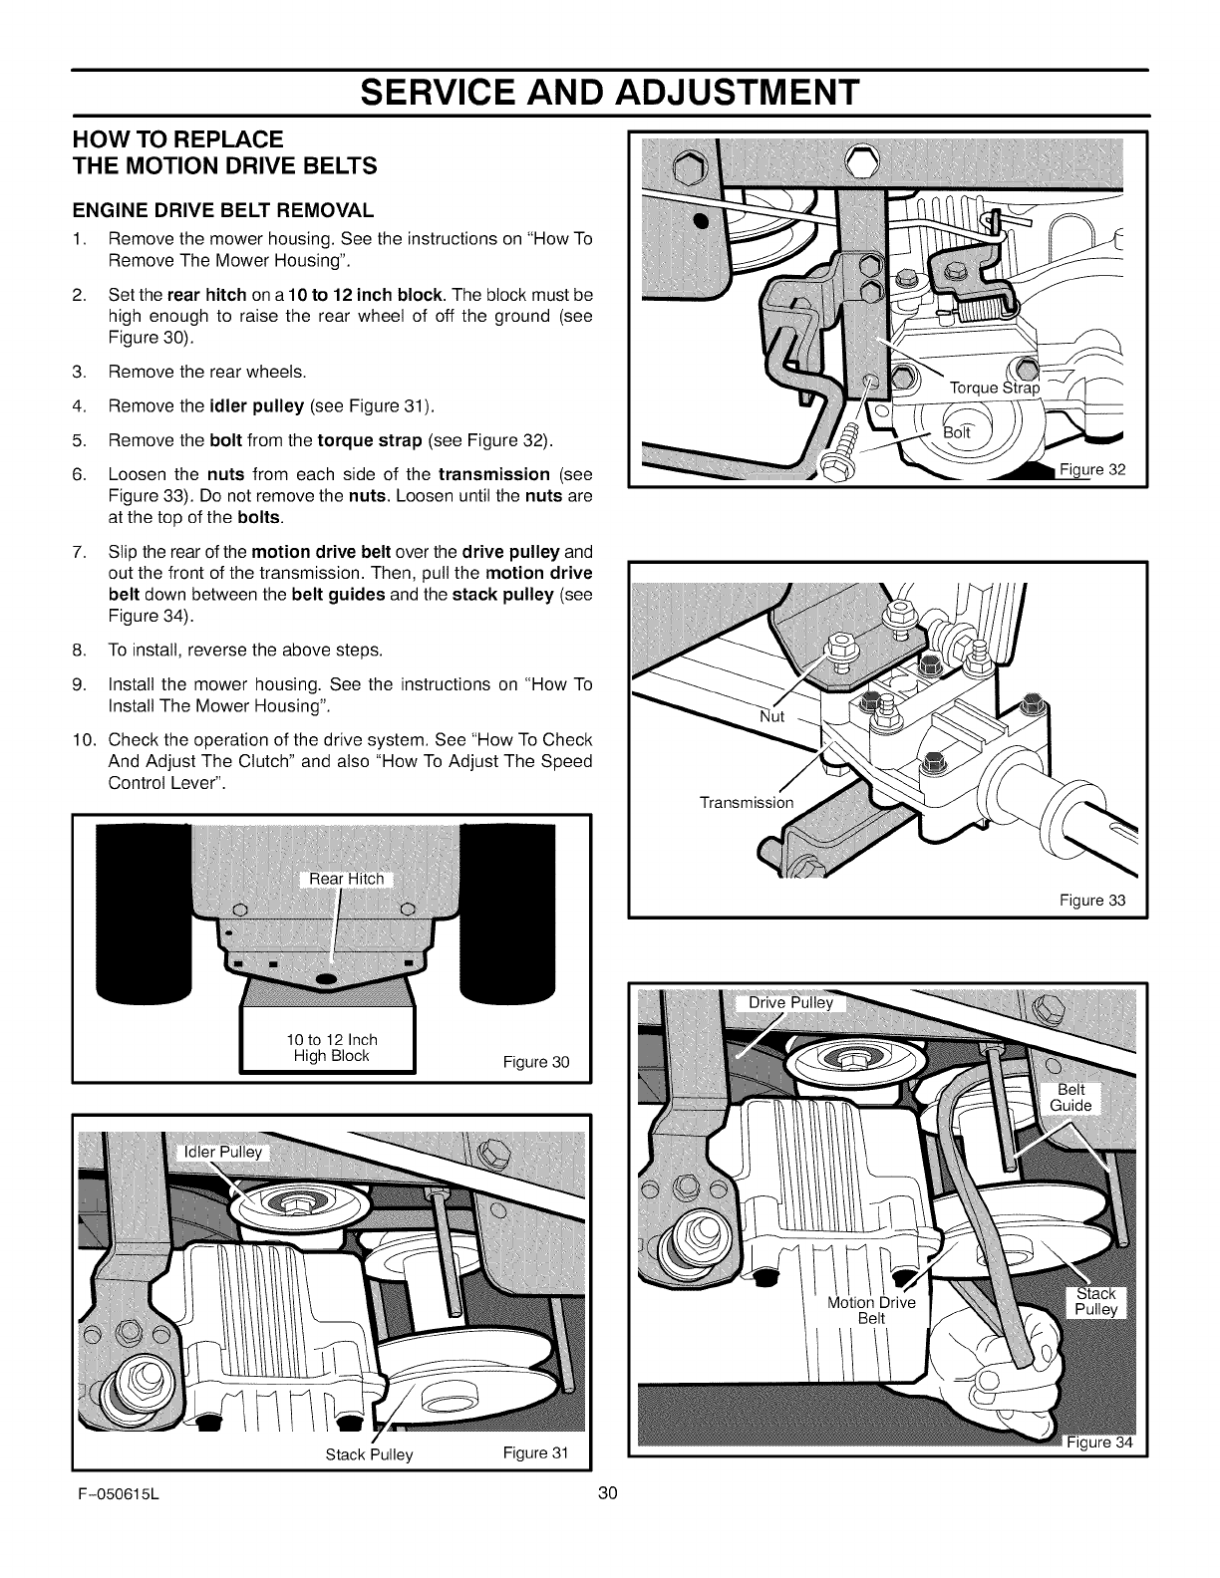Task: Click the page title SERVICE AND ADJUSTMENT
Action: coord(610,93)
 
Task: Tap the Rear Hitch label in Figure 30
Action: coord(340,878)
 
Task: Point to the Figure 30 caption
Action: coord(536,1062)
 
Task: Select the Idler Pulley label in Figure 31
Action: coord(219,1153)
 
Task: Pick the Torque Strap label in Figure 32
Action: coord(994,388)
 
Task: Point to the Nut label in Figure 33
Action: coord(772,716)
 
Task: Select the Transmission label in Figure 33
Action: coord(747,802)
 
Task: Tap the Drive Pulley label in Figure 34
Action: coord(790,1002)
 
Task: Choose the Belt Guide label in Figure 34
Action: coord(1070,1098)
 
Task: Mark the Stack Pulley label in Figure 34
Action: coord(1095,1301)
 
